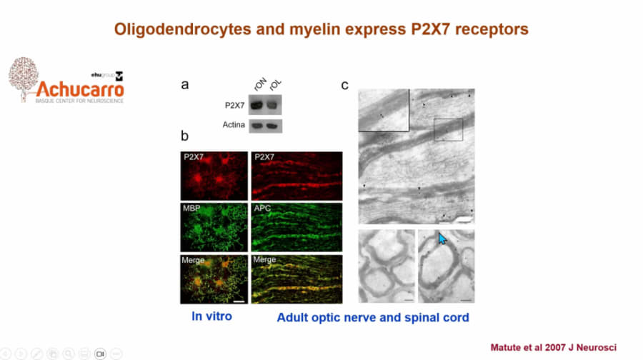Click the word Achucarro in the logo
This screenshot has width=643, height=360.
80,89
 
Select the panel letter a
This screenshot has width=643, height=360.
185,84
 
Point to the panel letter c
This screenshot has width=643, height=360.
344,85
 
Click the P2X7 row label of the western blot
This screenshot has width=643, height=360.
233,105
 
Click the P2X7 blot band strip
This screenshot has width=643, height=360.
265,105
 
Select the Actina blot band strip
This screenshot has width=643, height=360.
265,126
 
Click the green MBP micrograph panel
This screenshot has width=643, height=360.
214,225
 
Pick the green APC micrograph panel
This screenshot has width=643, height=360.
296,225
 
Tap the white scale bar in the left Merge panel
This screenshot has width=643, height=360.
239,301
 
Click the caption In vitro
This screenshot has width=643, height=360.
211,315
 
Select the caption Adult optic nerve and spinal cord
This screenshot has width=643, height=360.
373,316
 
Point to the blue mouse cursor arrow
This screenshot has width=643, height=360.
443,239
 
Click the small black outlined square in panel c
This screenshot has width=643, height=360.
448,130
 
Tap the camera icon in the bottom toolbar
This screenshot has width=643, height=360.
101,354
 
